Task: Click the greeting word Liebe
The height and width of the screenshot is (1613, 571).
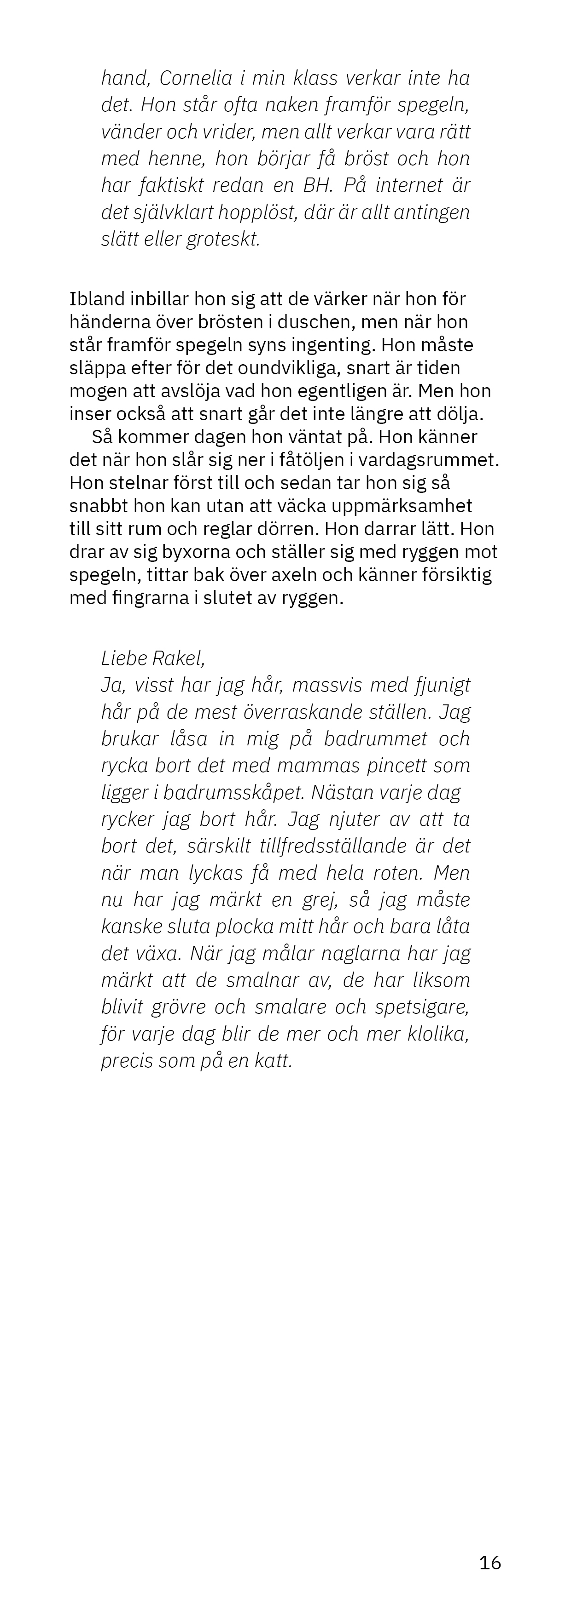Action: click(123, 658)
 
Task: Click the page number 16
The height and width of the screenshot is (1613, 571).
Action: click(489, 1563)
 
